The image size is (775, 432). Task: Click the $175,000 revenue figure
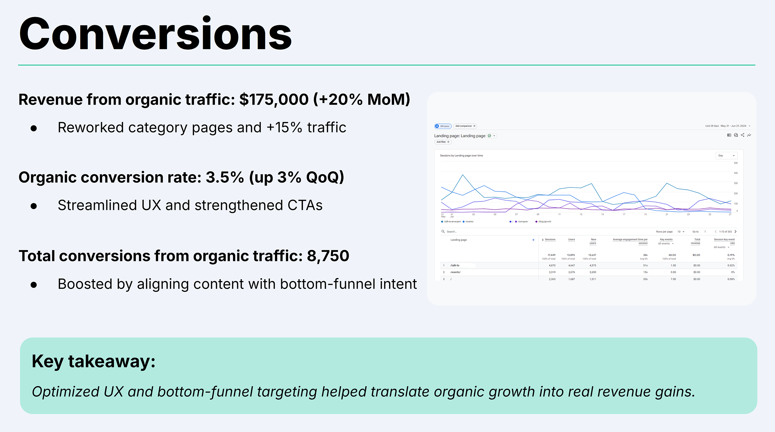coord(274,100)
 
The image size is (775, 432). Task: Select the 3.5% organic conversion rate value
coord(225,178)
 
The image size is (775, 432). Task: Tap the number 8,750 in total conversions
coord(328,256)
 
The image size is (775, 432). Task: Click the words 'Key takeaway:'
coord(93,362)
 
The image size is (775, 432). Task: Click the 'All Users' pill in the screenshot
coord(443,126)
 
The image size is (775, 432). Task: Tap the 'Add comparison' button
coord(465,126)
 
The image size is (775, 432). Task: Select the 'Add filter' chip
coord(443,142)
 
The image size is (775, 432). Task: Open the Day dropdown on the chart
coord(726,155)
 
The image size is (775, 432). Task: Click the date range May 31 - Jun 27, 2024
coord(733,126)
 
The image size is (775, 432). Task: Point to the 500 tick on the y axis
coord(736,163)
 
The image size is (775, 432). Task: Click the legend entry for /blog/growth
coord(544,222)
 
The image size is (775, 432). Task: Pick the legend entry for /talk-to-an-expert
coord(452,222)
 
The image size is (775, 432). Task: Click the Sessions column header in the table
coord(550,240)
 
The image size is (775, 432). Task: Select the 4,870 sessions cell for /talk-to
coord(552,265)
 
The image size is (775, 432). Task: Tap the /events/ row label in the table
coord(455,272)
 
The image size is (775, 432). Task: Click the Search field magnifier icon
coord(443,232)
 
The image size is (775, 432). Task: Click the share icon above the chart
coord(742,135)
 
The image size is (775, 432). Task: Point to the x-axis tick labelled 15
coord(602,214)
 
